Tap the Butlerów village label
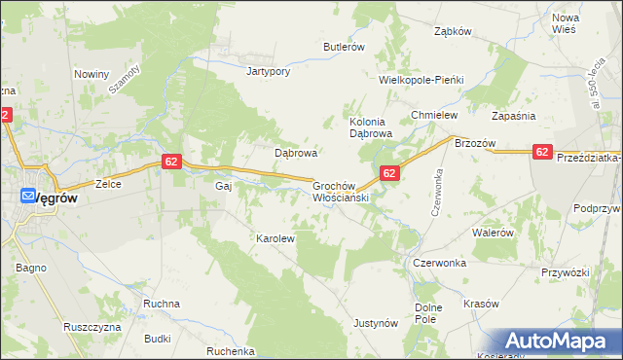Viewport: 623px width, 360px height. [x=344, y=47]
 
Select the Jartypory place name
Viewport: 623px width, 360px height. [x=270, y=71]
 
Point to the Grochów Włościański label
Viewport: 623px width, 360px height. [x=338, y=190]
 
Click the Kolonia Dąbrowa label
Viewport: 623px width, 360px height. [x=370, y=127]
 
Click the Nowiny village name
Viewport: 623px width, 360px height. [x=92, y=74]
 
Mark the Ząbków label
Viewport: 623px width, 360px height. [x=453, y=31]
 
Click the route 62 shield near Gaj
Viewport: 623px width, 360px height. [x=170, y=162]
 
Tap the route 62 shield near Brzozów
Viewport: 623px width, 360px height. [x=543, y=152]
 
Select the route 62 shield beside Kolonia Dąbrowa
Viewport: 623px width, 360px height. [x=389, y=173]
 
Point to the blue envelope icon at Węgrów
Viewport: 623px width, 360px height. [x=28, y=195]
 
